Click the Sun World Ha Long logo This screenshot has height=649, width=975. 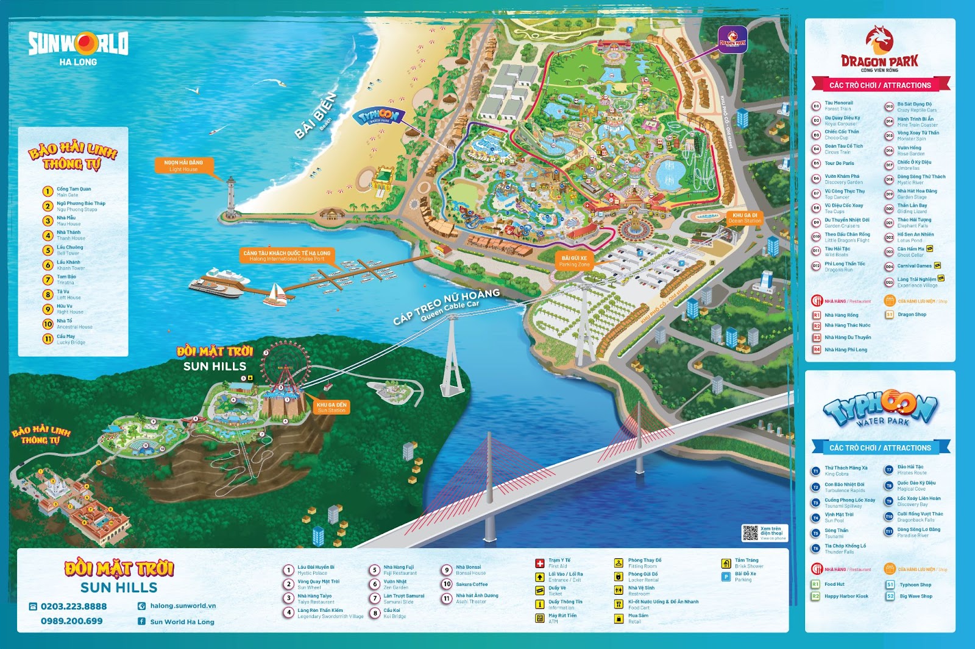click(x=78, y=46)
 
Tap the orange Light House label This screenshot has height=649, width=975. click(x=183, y=166)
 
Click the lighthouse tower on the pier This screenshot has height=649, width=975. click(x=231, y=198)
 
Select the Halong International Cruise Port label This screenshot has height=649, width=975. click(x=286, y=256)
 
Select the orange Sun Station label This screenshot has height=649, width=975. click(x=331, y=407)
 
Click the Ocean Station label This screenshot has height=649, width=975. click(x=745, y=218)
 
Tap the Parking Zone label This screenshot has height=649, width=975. click(x=574, y=261)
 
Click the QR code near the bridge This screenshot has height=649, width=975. click(x=750, y=533)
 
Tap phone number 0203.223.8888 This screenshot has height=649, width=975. click(x=73, y=606)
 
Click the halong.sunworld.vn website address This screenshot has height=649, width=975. click(x=183, y=606)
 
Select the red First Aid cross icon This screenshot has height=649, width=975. click(x=539, y=563)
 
